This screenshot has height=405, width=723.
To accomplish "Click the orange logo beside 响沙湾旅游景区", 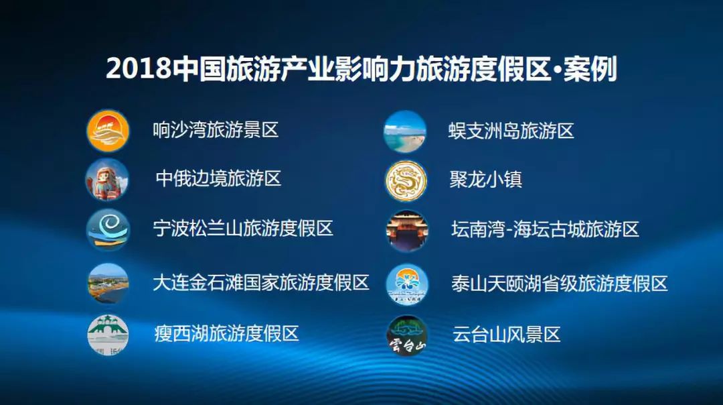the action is (x=108, y=131).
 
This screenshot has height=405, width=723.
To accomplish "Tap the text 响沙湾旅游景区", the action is (x=216, y=130).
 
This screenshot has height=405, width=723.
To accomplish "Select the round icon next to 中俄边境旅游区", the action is (x=107, y=180).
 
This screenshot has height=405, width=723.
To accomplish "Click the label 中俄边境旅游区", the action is (x=218, y=179).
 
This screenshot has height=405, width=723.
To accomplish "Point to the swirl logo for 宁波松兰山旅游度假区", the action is (x=108, y=229).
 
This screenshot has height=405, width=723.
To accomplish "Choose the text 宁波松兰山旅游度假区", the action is (x=243, y=228).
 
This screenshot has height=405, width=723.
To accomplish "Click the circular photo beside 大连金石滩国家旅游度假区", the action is (x=108, y=283).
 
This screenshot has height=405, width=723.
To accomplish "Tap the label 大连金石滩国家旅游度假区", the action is (x=261, y=282).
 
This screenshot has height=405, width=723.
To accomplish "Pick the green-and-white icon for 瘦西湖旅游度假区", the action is (x=108, y=335).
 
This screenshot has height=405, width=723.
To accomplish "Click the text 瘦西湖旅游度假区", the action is (x=227, y=333).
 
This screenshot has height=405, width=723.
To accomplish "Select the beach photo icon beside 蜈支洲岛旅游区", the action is (x=405, y=131).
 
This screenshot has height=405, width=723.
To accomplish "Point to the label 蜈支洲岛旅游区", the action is (x=511, y=131).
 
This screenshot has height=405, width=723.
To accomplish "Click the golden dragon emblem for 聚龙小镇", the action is (x=406, y=180).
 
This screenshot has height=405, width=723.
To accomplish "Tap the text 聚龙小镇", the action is (x=485, y=180).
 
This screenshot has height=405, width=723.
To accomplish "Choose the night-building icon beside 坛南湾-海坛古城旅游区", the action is (x=407, y=231).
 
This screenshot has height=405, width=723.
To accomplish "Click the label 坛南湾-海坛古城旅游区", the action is (x=546, y=229).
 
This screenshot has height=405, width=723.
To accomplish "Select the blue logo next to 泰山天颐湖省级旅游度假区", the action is (x=407, y=284).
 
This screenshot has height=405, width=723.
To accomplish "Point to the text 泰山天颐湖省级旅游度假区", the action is (x=560, y=284).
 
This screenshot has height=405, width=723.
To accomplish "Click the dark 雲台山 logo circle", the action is (x=407, y=336).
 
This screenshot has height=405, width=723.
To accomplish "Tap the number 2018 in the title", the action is (x=139, y=69).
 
